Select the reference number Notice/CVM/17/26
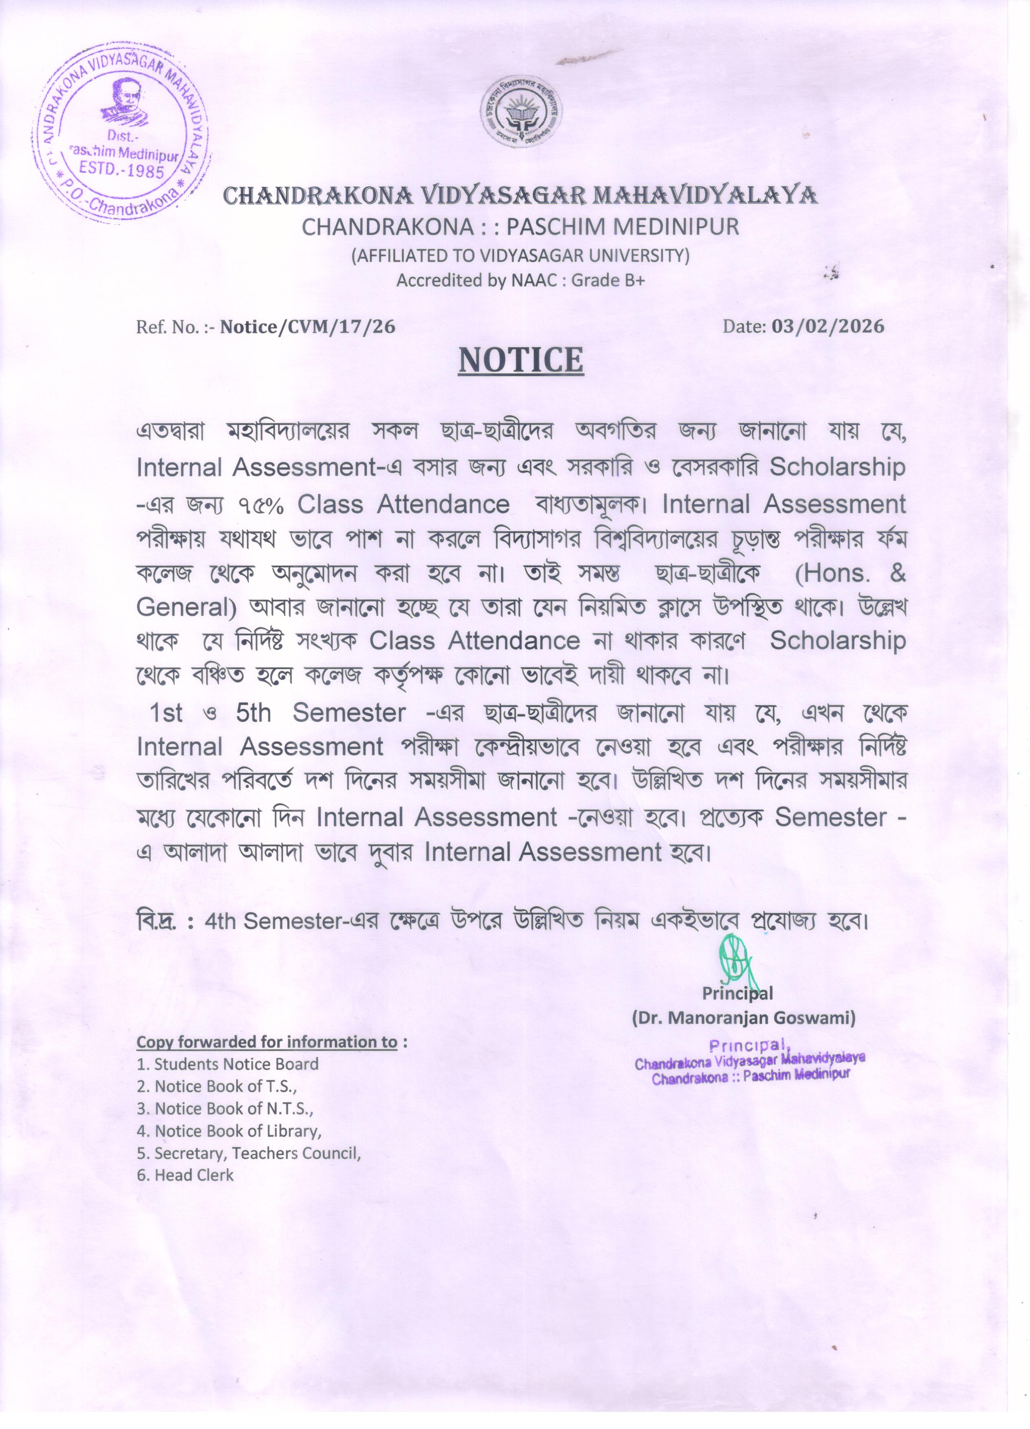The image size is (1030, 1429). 308,326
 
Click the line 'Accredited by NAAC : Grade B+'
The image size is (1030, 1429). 520,280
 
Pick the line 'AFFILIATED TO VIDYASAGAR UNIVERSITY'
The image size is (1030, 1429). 520,255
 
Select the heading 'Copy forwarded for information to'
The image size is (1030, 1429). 267,1041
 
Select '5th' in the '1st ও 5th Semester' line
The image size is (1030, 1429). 254,713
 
